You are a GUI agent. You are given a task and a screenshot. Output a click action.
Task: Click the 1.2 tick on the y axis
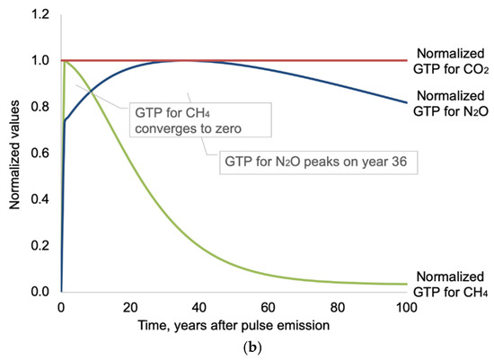[40, 14]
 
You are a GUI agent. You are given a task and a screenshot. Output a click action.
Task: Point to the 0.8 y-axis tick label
[40, 107]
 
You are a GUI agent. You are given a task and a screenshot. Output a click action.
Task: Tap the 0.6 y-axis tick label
[40, 154]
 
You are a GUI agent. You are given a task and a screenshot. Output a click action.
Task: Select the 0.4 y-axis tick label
[40, 199]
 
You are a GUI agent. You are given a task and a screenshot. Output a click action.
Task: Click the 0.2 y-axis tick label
[40, 245]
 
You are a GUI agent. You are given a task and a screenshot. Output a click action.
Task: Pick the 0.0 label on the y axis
[40, 292]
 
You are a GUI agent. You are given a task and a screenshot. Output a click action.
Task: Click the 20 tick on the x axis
[130, 307]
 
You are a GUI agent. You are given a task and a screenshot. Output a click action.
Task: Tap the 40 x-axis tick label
[199, 307]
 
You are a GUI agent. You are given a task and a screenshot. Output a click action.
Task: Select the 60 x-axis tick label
[269, 307]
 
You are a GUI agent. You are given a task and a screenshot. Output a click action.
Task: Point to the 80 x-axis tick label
[338, 307]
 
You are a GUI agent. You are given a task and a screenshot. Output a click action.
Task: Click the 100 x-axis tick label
[406, 307]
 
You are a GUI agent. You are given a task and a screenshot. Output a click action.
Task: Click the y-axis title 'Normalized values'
[14, 155]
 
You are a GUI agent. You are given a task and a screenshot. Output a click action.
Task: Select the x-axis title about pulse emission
[234, 325]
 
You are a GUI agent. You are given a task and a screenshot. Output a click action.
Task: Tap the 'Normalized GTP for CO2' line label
[451, 61]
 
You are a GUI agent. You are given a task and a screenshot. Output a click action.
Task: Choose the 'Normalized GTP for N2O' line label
[451, 103]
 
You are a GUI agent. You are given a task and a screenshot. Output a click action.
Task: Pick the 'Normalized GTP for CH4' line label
[450, 285]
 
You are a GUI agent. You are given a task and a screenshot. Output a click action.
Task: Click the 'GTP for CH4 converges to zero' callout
[200, 119]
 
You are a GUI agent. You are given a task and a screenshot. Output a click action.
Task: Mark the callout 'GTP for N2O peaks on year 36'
[318, 162]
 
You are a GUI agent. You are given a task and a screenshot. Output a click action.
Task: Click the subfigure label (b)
[252, 347]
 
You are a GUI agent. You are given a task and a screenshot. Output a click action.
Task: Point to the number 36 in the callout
[400, 162]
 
